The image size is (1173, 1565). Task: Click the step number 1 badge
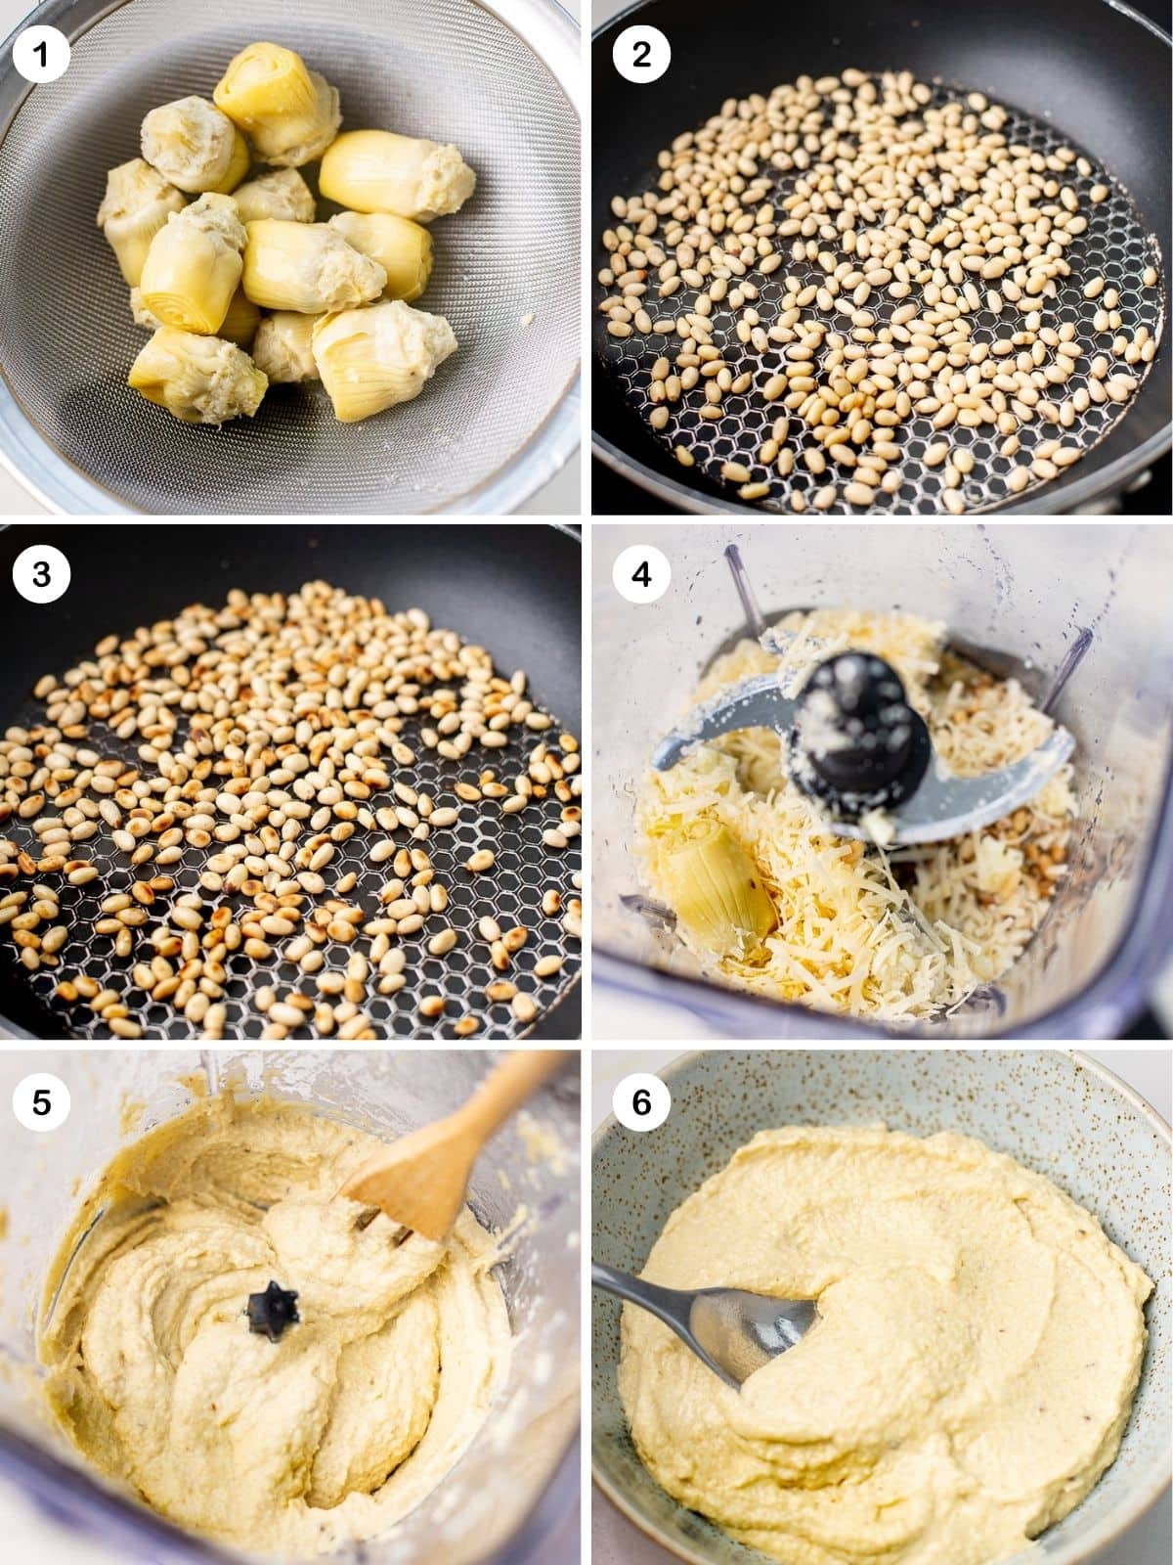(41, 54)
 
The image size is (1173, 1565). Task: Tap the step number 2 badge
(641, 54)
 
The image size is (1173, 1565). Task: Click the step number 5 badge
(41, 1102)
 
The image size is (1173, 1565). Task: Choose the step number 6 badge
(641, 1102)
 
